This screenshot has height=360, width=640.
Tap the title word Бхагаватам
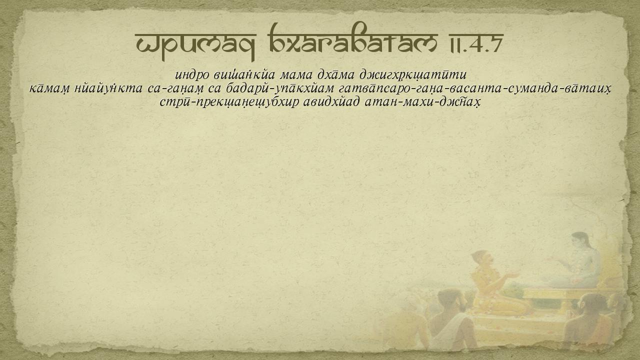(353, 38)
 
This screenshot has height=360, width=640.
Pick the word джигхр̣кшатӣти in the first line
(413, 75)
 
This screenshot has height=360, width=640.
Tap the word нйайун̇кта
(108, 88)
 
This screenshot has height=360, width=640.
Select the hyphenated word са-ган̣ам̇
(175, 89)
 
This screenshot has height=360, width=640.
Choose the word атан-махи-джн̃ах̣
(422, 102)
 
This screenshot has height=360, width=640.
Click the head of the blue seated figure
(580, 241)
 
